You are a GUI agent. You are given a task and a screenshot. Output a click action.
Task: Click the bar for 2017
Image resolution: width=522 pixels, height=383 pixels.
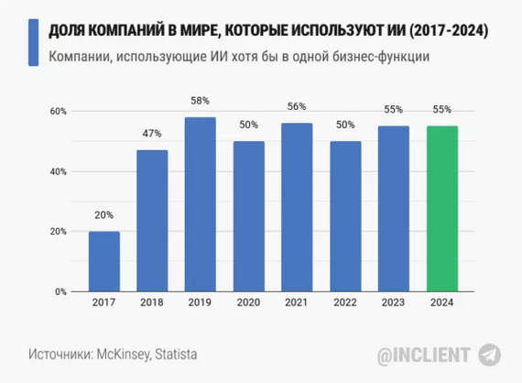tap(103, 261)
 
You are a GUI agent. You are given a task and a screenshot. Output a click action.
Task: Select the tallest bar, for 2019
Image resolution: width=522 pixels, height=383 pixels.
tap(201, 204)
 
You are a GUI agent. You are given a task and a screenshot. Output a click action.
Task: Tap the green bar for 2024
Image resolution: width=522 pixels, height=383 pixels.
tap(442, 209)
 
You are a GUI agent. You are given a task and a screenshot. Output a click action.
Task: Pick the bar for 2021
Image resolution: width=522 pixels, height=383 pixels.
tap(297, 207)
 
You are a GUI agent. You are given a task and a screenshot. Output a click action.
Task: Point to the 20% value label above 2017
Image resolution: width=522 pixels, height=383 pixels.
tap(103, 216)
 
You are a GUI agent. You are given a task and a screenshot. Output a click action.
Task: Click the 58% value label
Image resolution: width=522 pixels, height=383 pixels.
tap(201, 102)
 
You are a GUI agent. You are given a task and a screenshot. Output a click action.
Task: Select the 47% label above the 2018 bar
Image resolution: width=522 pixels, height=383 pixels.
tap(152, 135)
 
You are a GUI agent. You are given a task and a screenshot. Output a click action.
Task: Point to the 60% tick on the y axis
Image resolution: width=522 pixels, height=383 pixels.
tap(57, 111)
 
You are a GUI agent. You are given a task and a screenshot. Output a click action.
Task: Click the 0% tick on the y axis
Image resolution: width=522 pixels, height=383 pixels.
tap(60, 291)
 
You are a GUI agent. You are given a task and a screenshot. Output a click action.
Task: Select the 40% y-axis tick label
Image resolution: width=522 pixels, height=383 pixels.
tap(57, 171)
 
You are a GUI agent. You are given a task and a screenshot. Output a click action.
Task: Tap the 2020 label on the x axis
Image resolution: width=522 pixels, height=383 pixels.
tap(248, 303)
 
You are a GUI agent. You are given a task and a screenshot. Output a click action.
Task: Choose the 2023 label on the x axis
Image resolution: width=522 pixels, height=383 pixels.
tap(394, 303)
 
